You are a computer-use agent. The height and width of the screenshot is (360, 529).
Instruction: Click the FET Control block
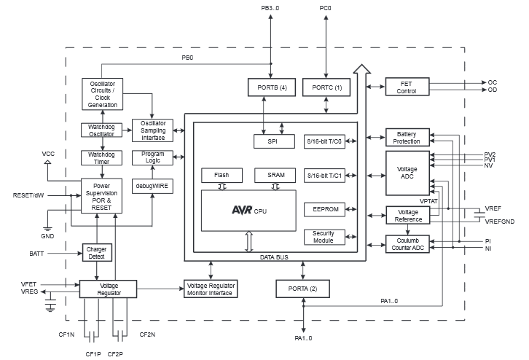pos(407,87)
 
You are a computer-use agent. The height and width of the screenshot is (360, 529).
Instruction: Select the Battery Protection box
pos(407,137)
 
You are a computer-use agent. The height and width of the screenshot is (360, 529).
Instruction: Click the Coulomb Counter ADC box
pos(407,244)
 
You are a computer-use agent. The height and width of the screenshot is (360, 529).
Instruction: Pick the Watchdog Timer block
pos(101,158)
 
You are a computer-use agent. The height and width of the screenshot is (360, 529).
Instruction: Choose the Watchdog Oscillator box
pos(101,130)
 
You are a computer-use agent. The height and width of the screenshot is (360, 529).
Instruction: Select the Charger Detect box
pos(97,253)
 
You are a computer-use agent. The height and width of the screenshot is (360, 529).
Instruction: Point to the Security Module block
pos(324,237)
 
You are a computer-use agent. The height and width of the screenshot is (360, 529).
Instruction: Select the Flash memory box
pos(222,176)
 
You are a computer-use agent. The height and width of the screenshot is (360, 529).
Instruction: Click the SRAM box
pos(275,176)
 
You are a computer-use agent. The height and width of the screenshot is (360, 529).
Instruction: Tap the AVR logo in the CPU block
pos(242,210)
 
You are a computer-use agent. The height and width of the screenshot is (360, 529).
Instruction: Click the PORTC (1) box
pos(326,87)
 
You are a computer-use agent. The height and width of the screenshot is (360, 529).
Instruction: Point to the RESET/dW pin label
pos(28,195)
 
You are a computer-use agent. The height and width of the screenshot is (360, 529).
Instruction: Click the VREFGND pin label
pos(500,221)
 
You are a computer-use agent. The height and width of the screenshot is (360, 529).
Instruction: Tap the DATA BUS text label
pos(275,257)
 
